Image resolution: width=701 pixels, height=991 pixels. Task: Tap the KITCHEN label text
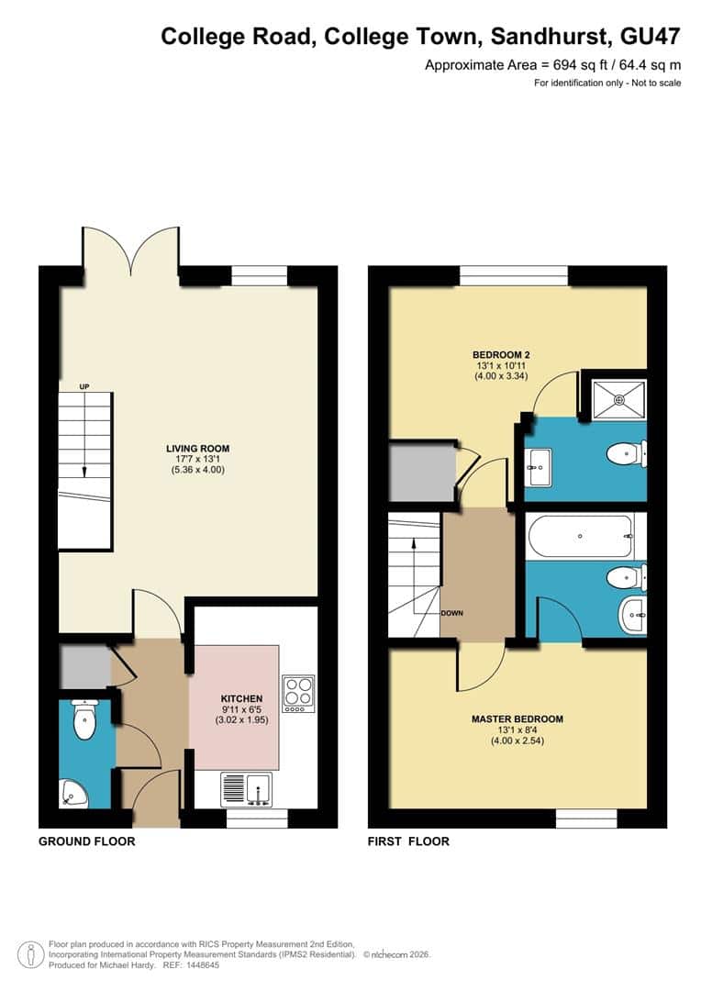point(241,698)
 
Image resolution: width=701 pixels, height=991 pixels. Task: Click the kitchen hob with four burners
point(298,695)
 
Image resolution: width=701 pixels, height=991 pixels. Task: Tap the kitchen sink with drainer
point(245,789)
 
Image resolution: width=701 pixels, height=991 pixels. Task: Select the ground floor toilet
point(84,720)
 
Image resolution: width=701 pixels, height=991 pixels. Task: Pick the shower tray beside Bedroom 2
point(619,398)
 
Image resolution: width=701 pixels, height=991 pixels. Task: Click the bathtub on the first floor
point(580,537)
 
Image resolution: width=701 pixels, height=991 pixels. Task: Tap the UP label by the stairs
point(84,386)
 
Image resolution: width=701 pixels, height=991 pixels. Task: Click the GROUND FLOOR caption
point(87,841)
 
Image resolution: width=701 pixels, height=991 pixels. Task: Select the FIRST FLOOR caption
point(408,841)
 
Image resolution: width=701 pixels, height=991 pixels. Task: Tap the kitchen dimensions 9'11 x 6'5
point(241,710)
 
